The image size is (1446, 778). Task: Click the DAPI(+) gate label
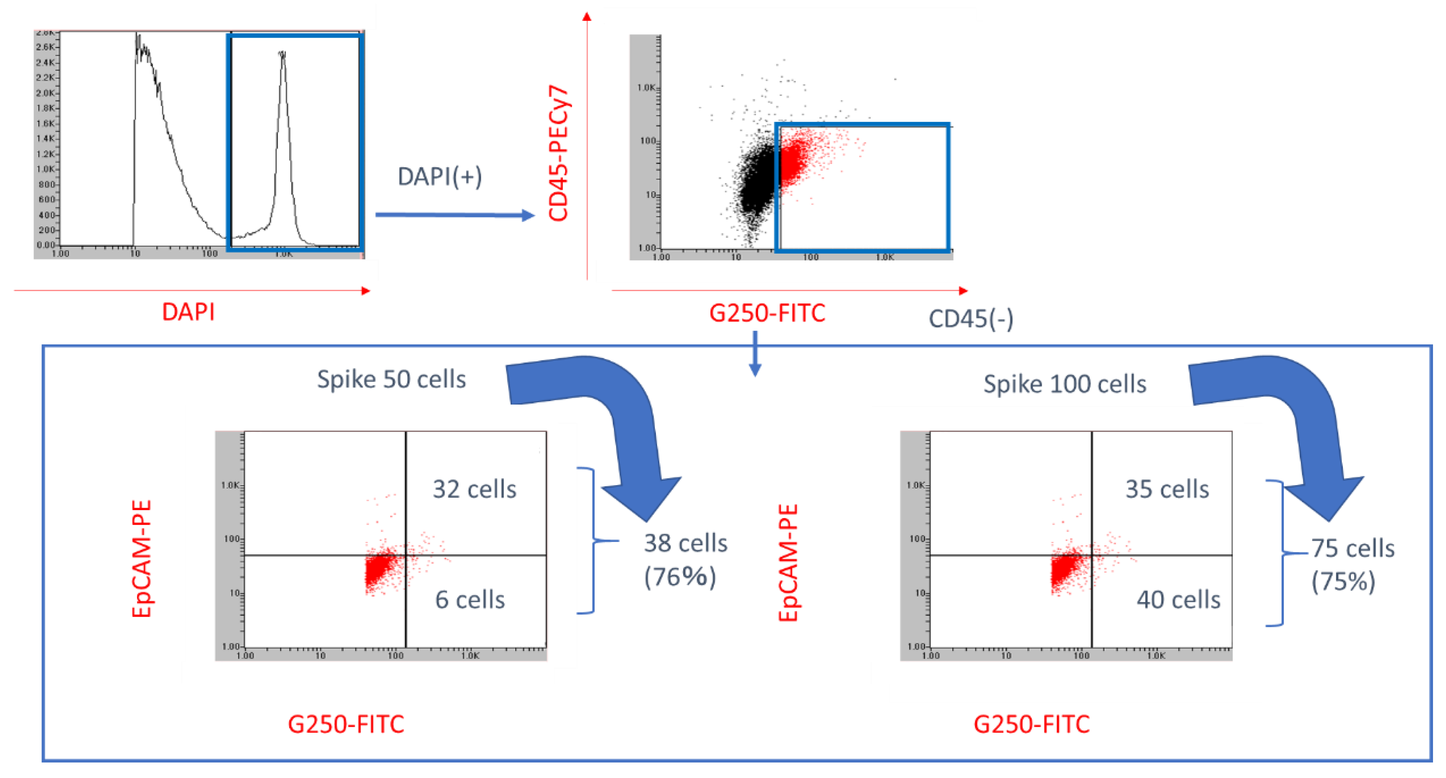click(x=440, y=177)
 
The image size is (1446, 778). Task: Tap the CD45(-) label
click(x=971, y=319)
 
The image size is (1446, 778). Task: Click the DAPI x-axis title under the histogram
click(x=188, y=311)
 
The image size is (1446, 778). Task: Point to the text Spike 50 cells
click(x=391, y=379)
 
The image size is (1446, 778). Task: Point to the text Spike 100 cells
click(x=1064, y=384)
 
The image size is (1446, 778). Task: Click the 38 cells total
click(x=685, y=543)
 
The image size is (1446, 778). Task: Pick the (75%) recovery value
click(x=1343, y=581)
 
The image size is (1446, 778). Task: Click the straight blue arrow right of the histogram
click(x=455, y=215)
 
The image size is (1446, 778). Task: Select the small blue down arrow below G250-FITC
click(x=755, y=354)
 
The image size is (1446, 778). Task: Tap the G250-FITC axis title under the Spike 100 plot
click(x=1031, y=724)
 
